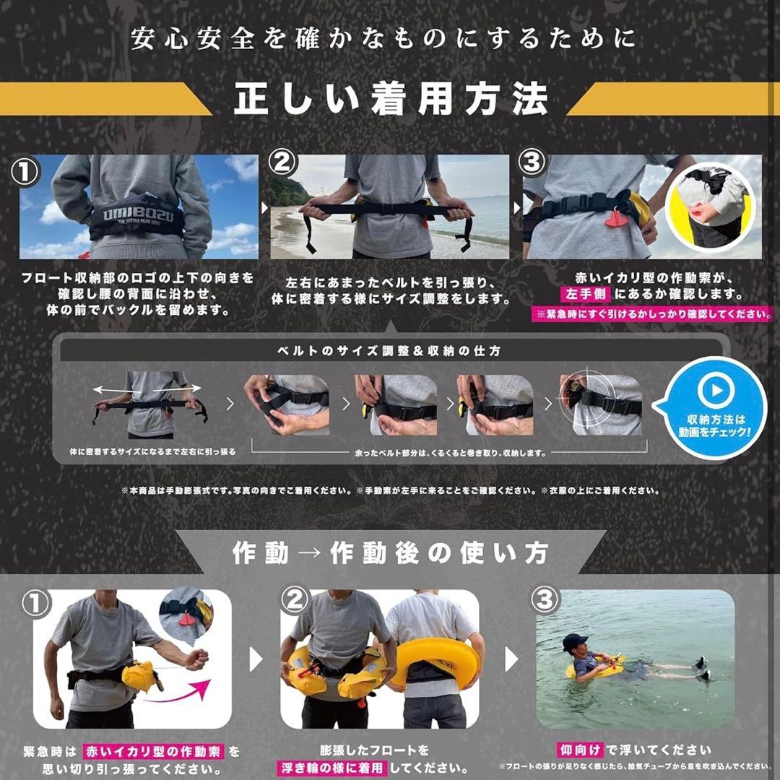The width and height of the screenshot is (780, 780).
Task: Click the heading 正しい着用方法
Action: (390, 100)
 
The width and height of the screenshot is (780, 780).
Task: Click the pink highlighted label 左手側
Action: (586, 294)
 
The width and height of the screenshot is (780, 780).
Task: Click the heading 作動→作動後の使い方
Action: (390, 553)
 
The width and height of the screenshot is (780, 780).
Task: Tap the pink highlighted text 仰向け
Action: (580, 750)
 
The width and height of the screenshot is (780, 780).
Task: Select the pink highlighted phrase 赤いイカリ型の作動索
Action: (155, 751)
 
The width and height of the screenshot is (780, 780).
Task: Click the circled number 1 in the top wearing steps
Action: (26, 172)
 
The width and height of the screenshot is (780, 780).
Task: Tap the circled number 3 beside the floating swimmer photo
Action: (545, 600)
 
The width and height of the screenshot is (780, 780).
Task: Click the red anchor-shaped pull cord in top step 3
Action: (616, 218)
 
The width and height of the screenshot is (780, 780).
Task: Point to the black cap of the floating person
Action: (574, 640)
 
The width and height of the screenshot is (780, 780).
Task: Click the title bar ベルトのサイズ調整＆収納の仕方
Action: (390, 351)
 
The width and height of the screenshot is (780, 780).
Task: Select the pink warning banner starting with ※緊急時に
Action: (651, 314)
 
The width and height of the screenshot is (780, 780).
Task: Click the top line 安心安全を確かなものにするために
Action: (383, 38)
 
